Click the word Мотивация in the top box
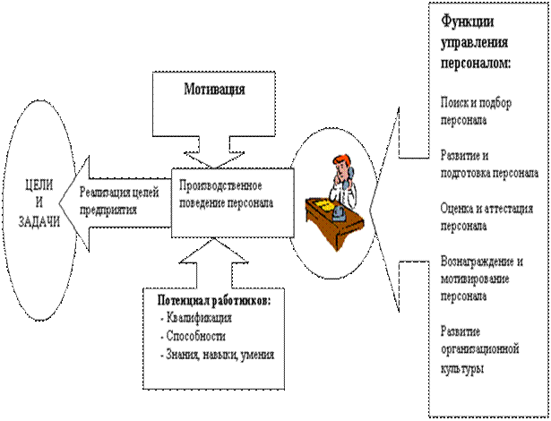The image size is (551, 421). click(x=215, y=90)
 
